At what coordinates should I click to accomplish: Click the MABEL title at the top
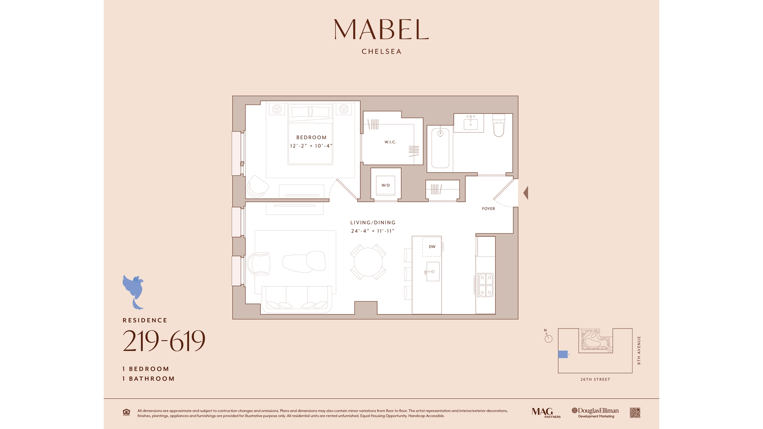(381, 29)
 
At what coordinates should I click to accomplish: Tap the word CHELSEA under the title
(381, 52)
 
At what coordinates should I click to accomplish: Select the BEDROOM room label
(312, 137)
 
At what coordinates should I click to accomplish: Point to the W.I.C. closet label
(390, 142)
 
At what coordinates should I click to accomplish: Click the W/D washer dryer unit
(386, 185)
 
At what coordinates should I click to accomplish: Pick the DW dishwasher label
(432, 247)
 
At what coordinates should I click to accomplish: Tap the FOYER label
(488, 209)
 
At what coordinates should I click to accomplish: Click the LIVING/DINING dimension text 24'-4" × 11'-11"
(373, 231)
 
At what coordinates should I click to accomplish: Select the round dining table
(368, 262)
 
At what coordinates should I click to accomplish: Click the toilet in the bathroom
(499, 125)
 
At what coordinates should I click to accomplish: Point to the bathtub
(440, 148)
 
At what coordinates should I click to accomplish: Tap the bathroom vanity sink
(471, 123)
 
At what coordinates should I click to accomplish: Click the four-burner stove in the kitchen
(485, 285)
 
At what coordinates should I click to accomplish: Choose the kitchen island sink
(433, 272)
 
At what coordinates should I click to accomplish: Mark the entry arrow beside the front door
(525, 193)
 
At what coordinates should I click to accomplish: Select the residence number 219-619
(164, 341)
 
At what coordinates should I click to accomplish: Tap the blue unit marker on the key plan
(563, 354)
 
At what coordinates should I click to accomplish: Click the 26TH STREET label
(595, 379)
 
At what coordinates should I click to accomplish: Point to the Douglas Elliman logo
(595, 413)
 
